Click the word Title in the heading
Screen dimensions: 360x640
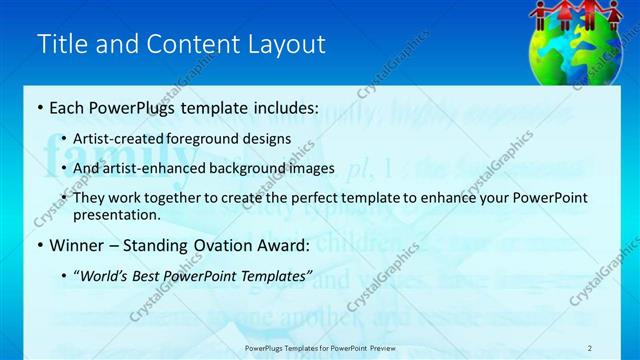tap(59, 44)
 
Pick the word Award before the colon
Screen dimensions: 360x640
tap(275, 245)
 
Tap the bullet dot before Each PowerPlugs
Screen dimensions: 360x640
tap(39, 107)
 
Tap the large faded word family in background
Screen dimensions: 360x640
tap(120, 159)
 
